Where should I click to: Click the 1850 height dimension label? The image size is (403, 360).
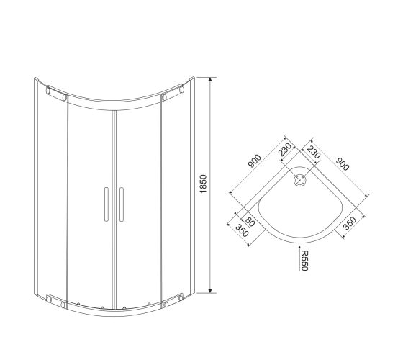click(203, 184)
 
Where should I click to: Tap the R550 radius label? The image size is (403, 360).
click(304, 261)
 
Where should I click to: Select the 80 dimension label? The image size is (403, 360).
click(250, 222)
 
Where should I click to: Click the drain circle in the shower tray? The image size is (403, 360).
click(300, 180)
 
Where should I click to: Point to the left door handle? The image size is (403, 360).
click(107, 204)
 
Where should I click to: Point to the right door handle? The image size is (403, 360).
click(122, 204)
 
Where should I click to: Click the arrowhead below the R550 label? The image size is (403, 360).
click(299, 248)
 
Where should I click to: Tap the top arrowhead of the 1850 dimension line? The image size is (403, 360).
click(210, 79)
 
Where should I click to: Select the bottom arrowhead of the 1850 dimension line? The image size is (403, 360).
click(210, 291)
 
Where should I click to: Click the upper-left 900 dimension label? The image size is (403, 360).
click(255, 161)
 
